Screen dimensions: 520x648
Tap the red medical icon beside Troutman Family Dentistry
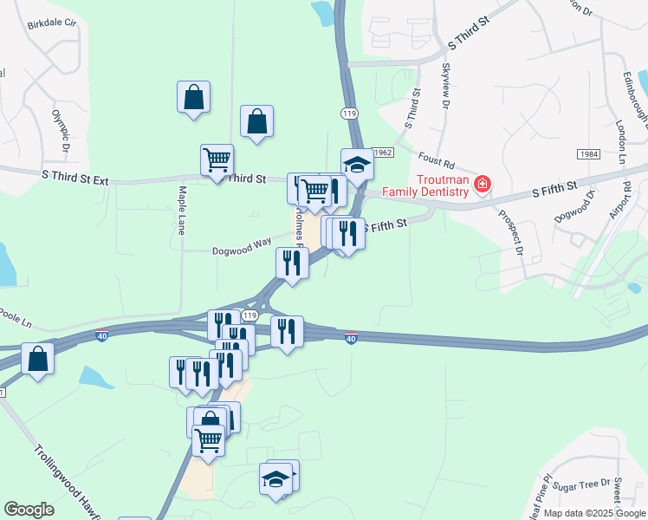coord(482,185)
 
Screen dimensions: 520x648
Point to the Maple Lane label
coord(182,211)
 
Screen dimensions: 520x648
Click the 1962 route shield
coord(385,152)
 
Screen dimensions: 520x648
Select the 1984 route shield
coord(588,153)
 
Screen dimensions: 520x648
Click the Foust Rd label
coord(436,160)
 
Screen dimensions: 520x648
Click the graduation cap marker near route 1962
coord(357,163)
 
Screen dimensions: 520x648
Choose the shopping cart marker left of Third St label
coord(217,159)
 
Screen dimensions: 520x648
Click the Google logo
coord(29,510)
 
